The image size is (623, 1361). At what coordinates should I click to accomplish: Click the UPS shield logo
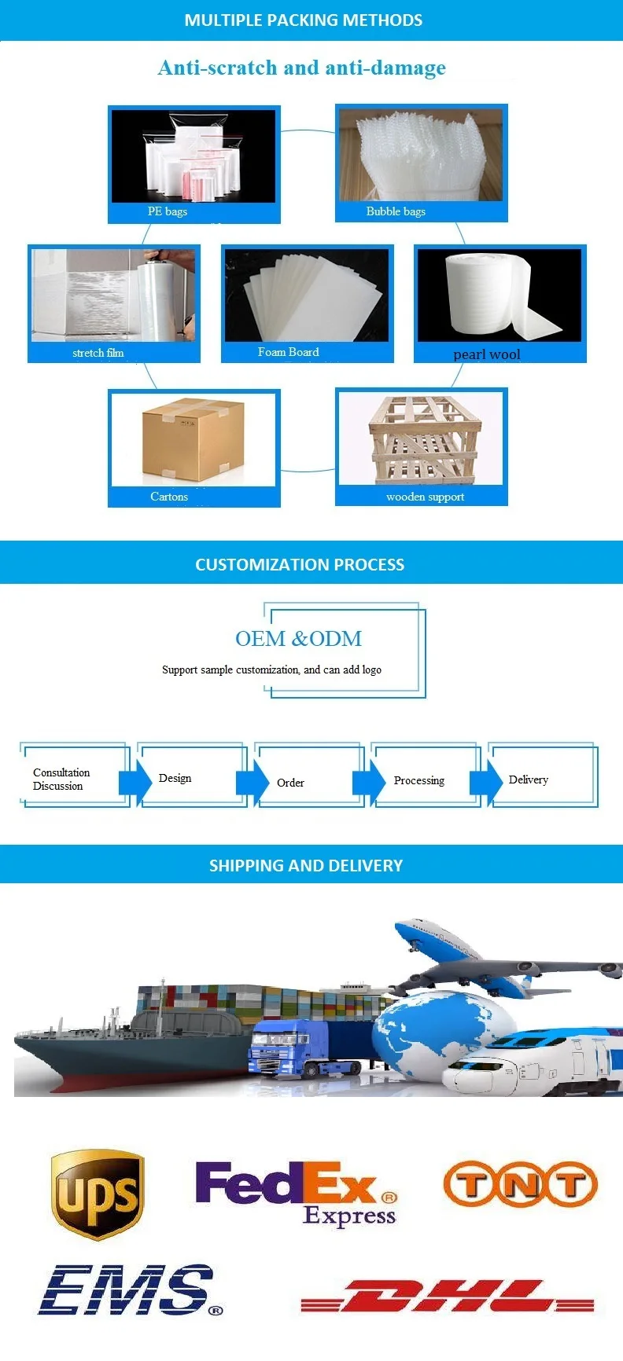pos(98,1194)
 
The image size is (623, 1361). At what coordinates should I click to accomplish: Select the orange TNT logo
pos(520,1184)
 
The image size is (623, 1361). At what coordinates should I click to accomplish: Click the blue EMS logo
pos(130,1289)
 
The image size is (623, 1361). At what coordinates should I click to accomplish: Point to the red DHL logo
pos(447,1296)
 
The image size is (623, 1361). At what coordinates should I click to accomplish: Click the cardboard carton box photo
pos(193,439)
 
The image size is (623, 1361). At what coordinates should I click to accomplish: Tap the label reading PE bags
pos(168,211)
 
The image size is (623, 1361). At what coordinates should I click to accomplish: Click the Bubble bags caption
pos(396,211)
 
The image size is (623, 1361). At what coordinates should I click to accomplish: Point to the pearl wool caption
pos(487,354)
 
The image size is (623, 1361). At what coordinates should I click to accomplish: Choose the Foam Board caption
pos(289,352)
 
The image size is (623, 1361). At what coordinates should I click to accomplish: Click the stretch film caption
pos(98,353)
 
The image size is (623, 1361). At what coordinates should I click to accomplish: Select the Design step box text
pos(175,778)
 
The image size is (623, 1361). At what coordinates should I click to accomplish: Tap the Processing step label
pos(418,780)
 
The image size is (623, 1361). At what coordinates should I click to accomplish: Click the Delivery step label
pos(528,780)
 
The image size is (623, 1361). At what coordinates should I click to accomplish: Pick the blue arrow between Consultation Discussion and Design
pos(135,783)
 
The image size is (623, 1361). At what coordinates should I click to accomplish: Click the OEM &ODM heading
pos(299,639)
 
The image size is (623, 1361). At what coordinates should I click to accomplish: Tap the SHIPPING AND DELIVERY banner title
pos(305,865)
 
